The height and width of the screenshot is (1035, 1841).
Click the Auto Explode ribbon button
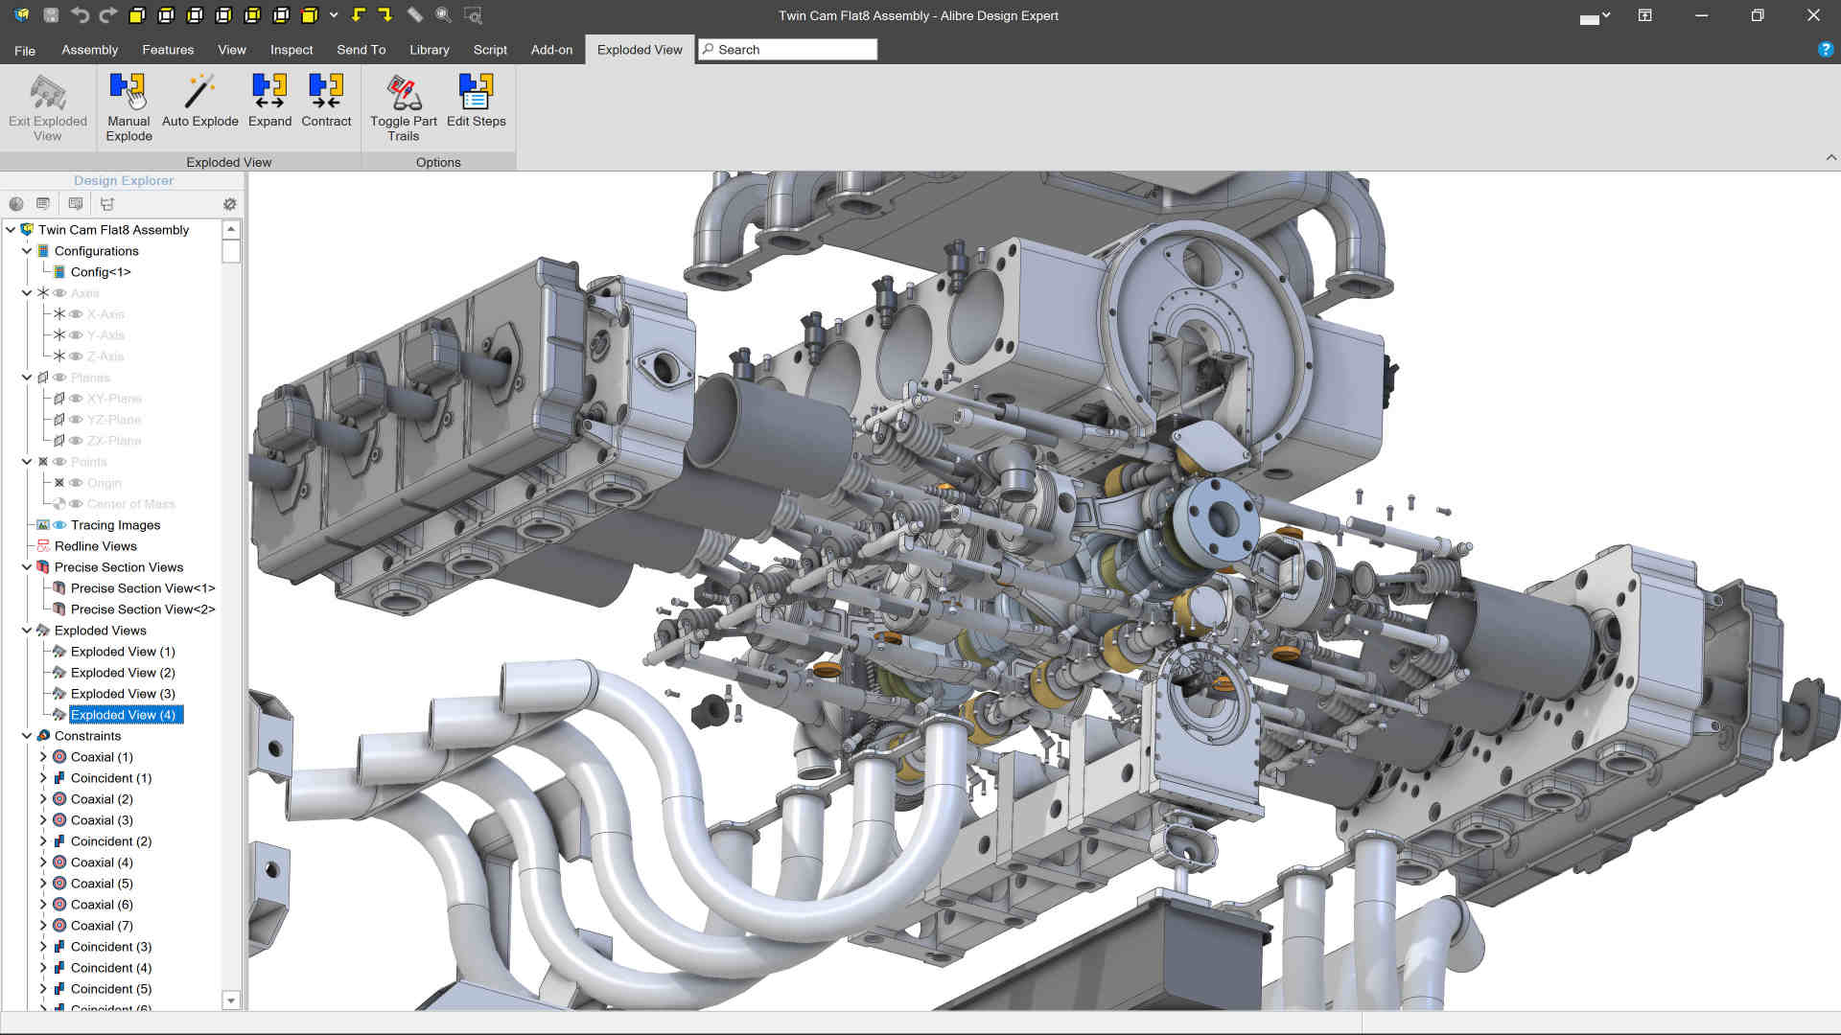pyautogui.click(x=199, y=102)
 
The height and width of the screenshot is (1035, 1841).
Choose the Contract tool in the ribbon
pyautogui.click(x=326, y=102)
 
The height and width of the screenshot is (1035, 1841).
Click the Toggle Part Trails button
pyautogui.click(x=403, y=107)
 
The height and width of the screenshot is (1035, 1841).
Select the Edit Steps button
pyautogui.click(x=476, y=102)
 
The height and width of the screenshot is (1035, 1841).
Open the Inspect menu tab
pyautogui.click(x=291, y=50)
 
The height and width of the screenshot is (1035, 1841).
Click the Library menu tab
pyautogui.click(x=429, y=50)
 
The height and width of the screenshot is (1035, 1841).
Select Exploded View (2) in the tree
pyautogui.click(x=123, y=673)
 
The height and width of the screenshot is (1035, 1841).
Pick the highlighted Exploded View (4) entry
pyautogui.click(x=123, y=715)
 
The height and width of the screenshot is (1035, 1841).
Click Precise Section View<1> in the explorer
pyautogui.click(x=142, y=588)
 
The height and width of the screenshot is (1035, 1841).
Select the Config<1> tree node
pyautogui.click(x=101, y=272)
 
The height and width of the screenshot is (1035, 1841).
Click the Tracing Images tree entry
pyautogui.click(x=115, y=525)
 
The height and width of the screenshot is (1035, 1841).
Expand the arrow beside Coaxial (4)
pyautogui.click(x=43, y=862)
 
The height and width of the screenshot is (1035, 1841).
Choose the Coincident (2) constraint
pyautogui.click(x=110, y=841)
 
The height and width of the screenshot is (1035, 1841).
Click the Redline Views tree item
pyautogui.click(x=95, y=546)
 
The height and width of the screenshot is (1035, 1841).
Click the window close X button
pyautogui.click(x=1813, y=15)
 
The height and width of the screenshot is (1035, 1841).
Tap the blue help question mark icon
pyautogui.click(x=1825, y=50)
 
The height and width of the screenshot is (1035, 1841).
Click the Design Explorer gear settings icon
pyautogui.click(x=229, y=204)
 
